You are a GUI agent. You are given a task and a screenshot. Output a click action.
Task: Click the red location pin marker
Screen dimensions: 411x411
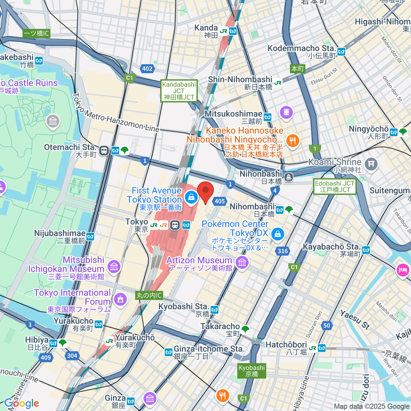pos(206,192)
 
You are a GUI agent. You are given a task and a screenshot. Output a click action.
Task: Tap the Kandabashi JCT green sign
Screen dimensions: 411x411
pos(179,91)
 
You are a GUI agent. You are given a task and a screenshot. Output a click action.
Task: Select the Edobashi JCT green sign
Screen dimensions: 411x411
pos(335,187)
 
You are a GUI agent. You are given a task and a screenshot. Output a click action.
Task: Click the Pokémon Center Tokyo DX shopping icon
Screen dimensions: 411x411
pos(278,234)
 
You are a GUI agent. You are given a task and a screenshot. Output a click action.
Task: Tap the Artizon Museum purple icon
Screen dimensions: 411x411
pos(242,263)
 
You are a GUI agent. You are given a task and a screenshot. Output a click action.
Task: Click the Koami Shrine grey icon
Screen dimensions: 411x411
pos(371,164)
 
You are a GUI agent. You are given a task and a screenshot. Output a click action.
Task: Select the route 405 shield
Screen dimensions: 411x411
pos(220,201)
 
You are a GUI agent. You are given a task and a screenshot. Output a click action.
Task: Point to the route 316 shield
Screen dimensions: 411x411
pos(283,251)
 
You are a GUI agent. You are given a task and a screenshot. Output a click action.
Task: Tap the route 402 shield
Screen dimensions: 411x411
pos(147,68)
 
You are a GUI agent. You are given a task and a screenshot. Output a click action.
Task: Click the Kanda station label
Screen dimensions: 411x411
pos(206,28)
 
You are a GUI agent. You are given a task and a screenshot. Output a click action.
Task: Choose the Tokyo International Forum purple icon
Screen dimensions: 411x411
pos(120,299)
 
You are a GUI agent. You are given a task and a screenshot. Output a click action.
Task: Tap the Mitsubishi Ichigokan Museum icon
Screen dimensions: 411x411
pos(114,266)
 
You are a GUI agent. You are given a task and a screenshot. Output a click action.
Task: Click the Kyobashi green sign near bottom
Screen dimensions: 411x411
pos(252,371)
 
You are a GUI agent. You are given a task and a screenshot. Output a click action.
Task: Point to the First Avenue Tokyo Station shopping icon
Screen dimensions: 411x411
pos(191,197)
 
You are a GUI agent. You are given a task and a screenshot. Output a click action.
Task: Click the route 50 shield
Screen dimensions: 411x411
pos(327,325)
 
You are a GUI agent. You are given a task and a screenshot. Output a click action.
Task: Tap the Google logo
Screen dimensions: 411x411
pos(21,403)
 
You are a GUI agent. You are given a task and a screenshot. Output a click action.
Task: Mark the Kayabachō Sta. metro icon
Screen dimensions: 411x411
pos(366,250)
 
